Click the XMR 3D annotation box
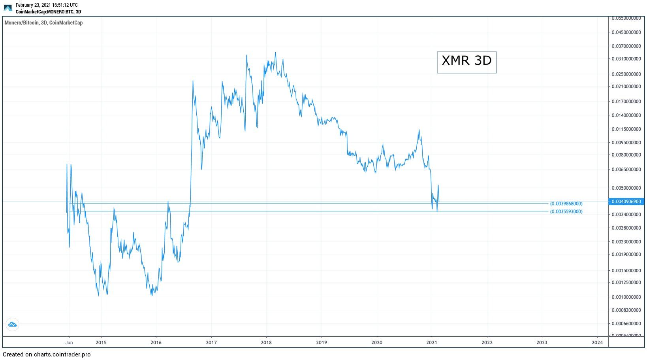click(x=466, y=62)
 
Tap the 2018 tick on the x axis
click(x=266, y=342)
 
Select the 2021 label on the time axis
click(x=432, y=342)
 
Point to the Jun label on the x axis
click(x=69, y=342)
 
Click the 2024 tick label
click(x=597, y=342)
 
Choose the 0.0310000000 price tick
click(x=626, y=59)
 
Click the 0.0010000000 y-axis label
click(x=626, y=297)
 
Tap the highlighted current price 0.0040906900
click(x=626, y=202)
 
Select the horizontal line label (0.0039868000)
click(x=566, y=204)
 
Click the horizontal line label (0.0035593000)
click(x=566, y=211)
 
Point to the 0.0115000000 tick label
click(x=626, y=129)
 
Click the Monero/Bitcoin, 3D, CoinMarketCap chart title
click(x=43, y=23)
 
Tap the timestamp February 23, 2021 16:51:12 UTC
click(x=47, y=5)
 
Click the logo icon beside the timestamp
click(x=8, y=8)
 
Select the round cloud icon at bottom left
click(x=12, y=324)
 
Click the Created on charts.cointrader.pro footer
click(x=47, y=354)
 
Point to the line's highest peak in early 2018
click(x=275, y=53)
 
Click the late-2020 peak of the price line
click(x=419, y=130)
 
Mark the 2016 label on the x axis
click(x=156, y=342)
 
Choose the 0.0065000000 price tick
click(x=626, y=170)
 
